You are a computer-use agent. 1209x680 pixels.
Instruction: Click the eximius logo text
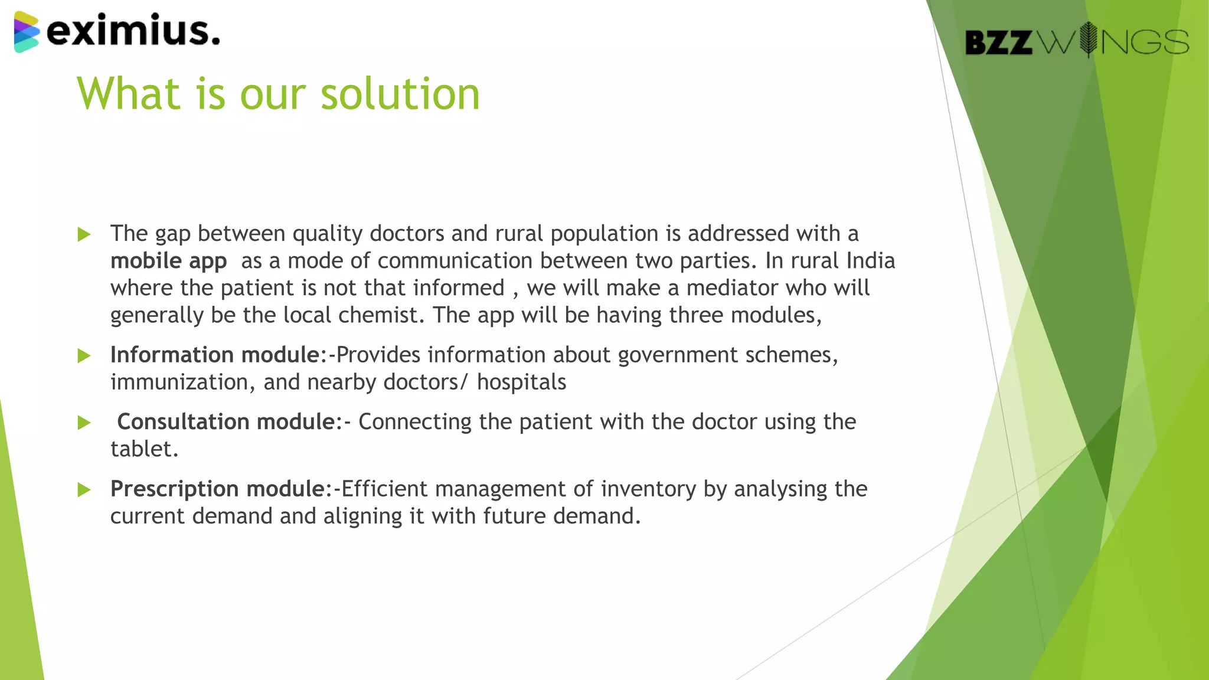tap(133, 31)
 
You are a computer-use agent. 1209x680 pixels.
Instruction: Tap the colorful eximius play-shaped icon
tap(27, 32)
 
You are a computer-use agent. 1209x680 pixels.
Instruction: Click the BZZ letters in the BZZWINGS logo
tap(998, 42)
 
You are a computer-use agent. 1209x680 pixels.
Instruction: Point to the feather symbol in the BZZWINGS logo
tap(1088, 40)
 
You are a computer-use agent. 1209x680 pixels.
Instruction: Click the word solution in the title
tap(400, 94)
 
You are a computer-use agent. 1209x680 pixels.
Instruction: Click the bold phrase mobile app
tap(168, 261)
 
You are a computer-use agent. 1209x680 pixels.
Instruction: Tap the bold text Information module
tap(215, 355)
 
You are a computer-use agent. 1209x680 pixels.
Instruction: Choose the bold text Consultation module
tap(226, 422)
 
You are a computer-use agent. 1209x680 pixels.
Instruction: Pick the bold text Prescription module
tap(217, 489)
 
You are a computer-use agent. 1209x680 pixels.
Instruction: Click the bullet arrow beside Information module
tap(84, 356)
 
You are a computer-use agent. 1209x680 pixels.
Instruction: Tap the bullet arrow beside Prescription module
tap(84, 490)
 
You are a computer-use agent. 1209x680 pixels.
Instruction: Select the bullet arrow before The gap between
tap(84, 235)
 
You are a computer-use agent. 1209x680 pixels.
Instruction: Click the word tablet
tap(143, 449)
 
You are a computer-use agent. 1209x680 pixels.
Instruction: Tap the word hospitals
tap(521, 382)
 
